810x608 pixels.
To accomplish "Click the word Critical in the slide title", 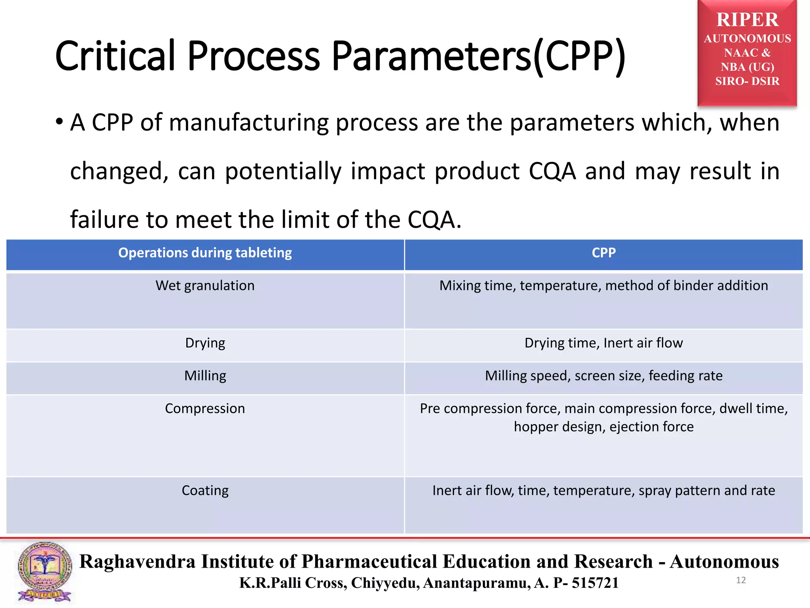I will click(x=115, y=56).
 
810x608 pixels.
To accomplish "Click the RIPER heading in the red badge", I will click(x=747, y=20).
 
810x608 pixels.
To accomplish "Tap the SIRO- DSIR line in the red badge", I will click(x=747, y=81).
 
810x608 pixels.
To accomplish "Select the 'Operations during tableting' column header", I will click(x=205, y=253).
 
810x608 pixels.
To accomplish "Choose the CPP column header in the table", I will click(x=604, y=253).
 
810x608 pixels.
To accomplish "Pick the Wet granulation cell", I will click(x=205, y=286).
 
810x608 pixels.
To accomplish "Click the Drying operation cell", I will click(x=205, y=343).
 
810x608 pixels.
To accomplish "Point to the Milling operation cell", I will click(x=205, y=376).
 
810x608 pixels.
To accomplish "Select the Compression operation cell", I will click(x=205, y=408).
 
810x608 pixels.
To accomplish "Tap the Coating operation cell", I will click(x=205, y=490).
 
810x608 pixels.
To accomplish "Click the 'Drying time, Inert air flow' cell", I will click(x=604, y=343).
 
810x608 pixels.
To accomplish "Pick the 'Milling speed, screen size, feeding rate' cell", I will click(x=604, y=376).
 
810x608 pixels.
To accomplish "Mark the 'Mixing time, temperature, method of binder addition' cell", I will click(x=604, y=286).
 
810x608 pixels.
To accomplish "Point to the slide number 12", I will click(x=741, y=580).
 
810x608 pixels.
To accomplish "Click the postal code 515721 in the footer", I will click(x=595, y=583).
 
